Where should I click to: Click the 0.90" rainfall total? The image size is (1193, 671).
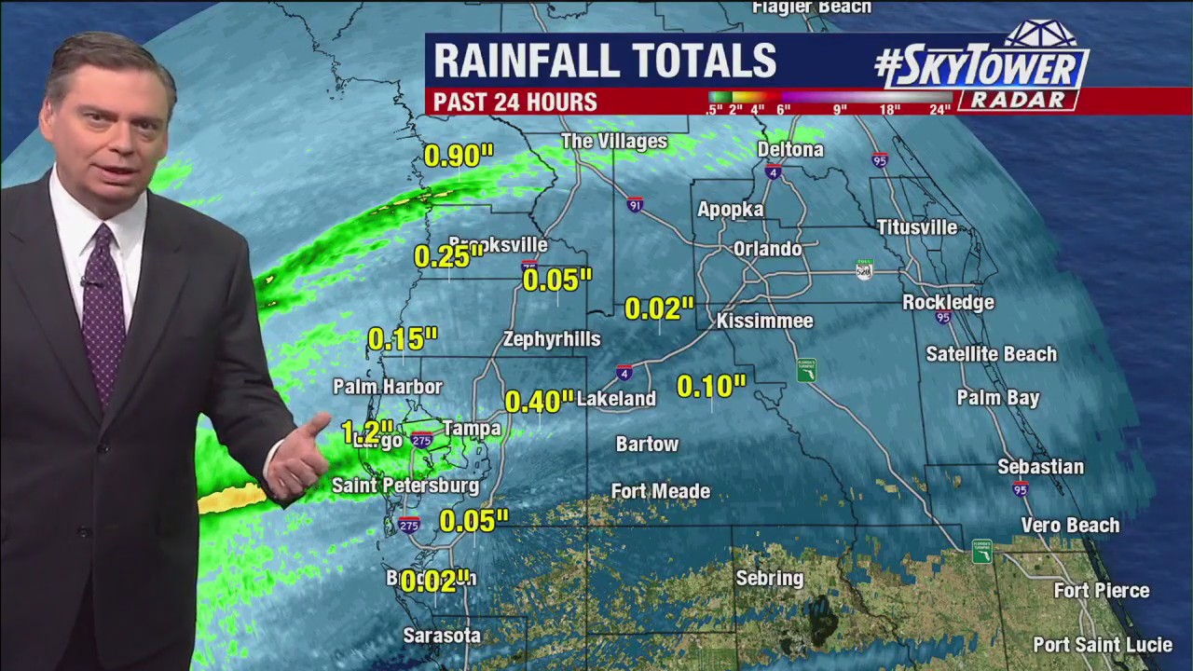(458, 156)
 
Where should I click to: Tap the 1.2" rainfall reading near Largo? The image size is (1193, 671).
(366, 432)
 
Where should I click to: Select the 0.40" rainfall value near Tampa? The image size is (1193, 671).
(539, 402)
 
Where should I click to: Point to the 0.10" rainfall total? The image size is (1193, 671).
(711, 386)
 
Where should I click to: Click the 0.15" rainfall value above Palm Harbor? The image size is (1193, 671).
(403, 339)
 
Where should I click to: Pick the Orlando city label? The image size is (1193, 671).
(767, 249)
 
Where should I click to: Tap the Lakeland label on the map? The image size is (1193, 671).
(616, 398)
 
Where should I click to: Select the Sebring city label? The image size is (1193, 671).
(769, 578)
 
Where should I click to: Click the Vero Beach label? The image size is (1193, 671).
(1070, 525)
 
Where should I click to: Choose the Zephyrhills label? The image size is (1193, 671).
(552, 339)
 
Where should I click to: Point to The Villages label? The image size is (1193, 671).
(614, 142)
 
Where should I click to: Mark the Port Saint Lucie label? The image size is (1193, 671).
(1102, 645)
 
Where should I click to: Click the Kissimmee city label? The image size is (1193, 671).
(764, 321)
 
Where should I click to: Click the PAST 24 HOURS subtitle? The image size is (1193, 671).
(514, 102)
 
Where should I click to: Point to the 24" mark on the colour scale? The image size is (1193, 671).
(939, 109)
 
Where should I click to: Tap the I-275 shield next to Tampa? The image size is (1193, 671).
(421, 440)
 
